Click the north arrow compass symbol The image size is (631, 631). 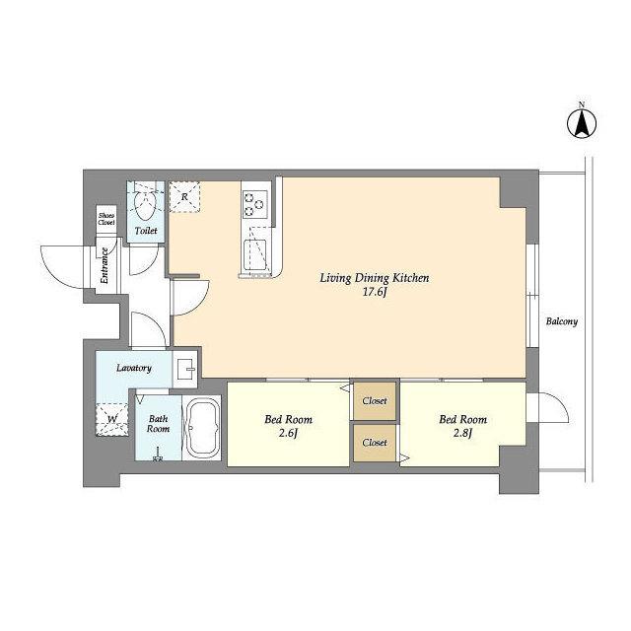(582, 122)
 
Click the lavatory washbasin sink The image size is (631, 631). (185, 369)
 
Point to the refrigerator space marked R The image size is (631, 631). (184, 197)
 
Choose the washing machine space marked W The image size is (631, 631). (112, 419)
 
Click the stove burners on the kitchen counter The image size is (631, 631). (255, 204)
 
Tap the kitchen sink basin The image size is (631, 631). (255, 255)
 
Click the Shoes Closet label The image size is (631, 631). (106, 219)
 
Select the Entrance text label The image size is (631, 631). (105, 265)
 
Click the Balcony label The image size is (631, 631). (562, 321)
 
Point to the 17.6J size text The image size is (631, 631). (375, 292)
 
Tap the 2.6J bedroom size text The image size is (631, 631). (288, 434)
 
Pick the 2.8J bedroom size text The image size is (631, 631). (462, 434)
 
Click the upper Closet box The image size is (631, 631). (375, 401)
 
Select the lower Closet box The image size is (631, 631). (375, 443)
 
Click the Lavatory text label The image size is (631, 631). (134, 368)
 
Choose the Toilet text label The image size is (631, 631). (146, 231)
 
